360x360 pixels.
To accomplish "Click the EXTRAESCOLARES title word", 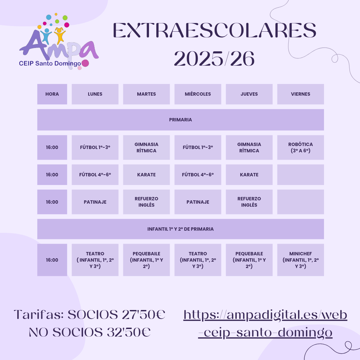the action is tap(214, 30).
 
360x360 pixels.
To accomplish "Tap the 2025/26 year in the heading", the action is tap(214, 59).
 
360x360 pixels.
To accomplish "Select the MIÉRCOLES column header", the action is tap(198, 94).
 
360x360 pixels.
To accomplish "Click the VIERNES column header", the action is tap(301, 94).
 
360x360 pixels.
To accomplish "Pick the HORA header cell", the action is tap(52, 94).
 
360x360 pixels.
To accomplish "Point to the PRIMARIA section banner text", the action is tap(180, 120).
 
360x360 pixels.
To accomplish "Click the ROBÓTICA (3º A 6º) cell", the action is tap(301, 147).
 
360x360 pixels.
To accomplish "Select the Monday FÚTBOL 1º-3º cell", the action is tap(95, 147).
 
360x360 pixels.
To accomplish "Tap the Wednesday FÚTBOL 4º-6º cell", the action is tap(198, 175).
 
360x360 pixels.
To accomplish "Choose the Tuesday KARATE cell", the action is tap(146, 175).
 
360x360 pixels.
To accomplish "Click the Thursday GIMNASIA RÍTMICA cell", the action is tap(249, 147).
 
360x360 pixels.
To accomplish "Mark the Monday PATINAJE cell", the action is tap(95, 202).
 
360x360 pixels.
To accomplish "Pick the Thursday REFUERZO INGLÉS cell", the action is tap(249, 202).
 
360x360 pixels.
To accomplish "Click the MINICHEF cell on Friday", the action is tap(301, 260).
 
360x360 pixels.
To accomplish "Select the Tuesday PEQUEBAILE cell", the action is tap(146, 260).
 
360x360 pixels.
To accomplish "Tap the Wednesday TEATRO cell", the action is tap(198, 260).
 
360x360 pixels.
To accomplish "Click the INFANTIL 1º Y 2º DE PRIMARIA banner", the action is tap(180, 229).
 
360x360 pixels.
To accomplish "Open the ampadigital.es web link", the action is tap(265, 324).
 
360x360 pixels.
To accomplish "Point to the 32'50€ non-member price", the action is tap(129, 332).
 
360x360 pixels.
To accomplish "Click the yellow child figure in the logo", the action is tap(60, 35).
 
